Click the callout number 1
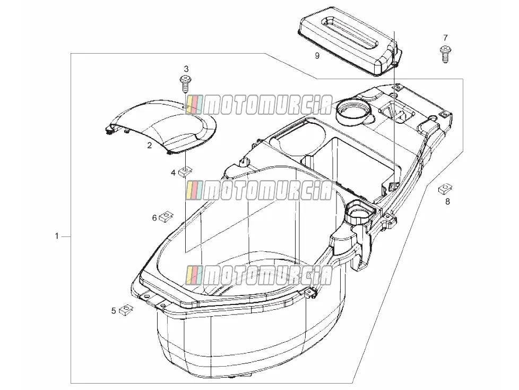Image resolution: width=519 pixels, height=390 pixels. tap(57, 236)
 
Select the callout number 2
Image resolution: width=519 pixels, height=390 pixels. tap(149, 145)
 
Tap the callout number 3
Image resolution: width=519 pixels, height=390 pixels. tap(186, 69)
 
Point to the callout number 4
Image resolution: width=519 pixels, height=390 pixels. tap(173, 173)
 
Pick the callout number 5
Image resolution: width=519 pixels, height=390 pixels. tap(114, 311)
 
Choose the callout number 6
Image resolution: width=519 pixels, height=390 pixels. tap(154, 218)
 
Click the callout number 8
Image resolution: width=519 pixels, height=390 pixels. tap(447, 201)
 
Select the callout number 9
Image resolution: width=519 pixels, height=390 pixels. tap(317, 56)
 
